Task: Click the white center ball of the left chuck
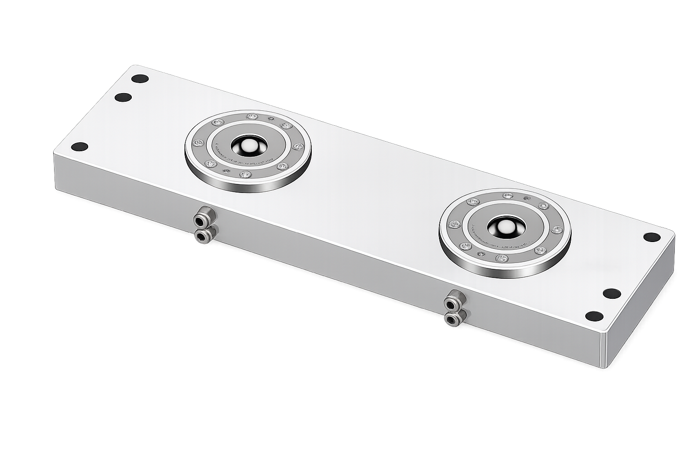click(248, 146)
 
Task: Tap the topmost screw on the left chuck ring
click(251, 117)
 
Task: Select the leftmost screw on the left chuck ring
click(198, 143)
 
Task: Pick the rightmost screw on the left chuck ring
click(298, 146)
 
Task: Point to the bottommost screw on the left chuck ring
click(245, 174)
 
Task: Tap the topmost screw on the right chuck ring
click(508, 196)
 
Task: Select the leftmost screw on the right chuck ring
click(453, 223)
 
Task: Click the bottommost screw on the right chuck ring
click(501, 258)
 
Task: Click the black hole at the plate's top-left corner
click(140, 78)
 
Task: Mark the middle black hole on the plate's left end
click(123, 97)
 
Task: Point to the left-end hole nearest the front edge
click(80, 147)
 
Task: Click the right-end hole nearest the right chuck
click(652, 237)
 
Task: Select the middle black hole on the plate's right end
click(612, 293)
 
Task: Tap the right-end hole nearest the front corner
click(594, 316)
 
